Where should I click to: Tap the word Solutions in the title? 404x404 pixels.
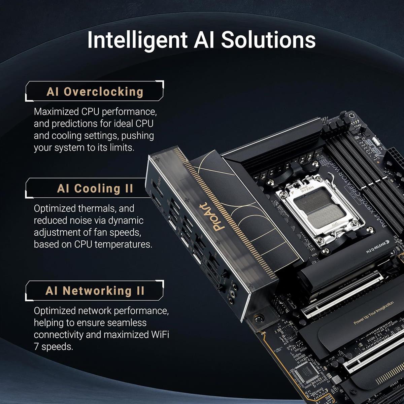coord(268,40)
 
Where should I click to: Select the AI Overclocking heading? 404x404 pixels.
coord(95,92)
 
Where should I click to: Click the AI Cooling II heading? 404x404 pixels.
coord(95,189)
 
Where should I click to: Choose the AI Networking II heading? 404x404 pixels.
coord(95,291)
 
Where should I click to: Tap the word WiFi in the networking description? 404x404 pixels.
coord(159,335)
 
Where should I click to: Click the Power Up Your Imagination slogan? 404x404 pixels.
coord(373,313)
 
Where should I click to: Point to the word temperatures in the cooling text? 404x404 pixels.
coord(123,244)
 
